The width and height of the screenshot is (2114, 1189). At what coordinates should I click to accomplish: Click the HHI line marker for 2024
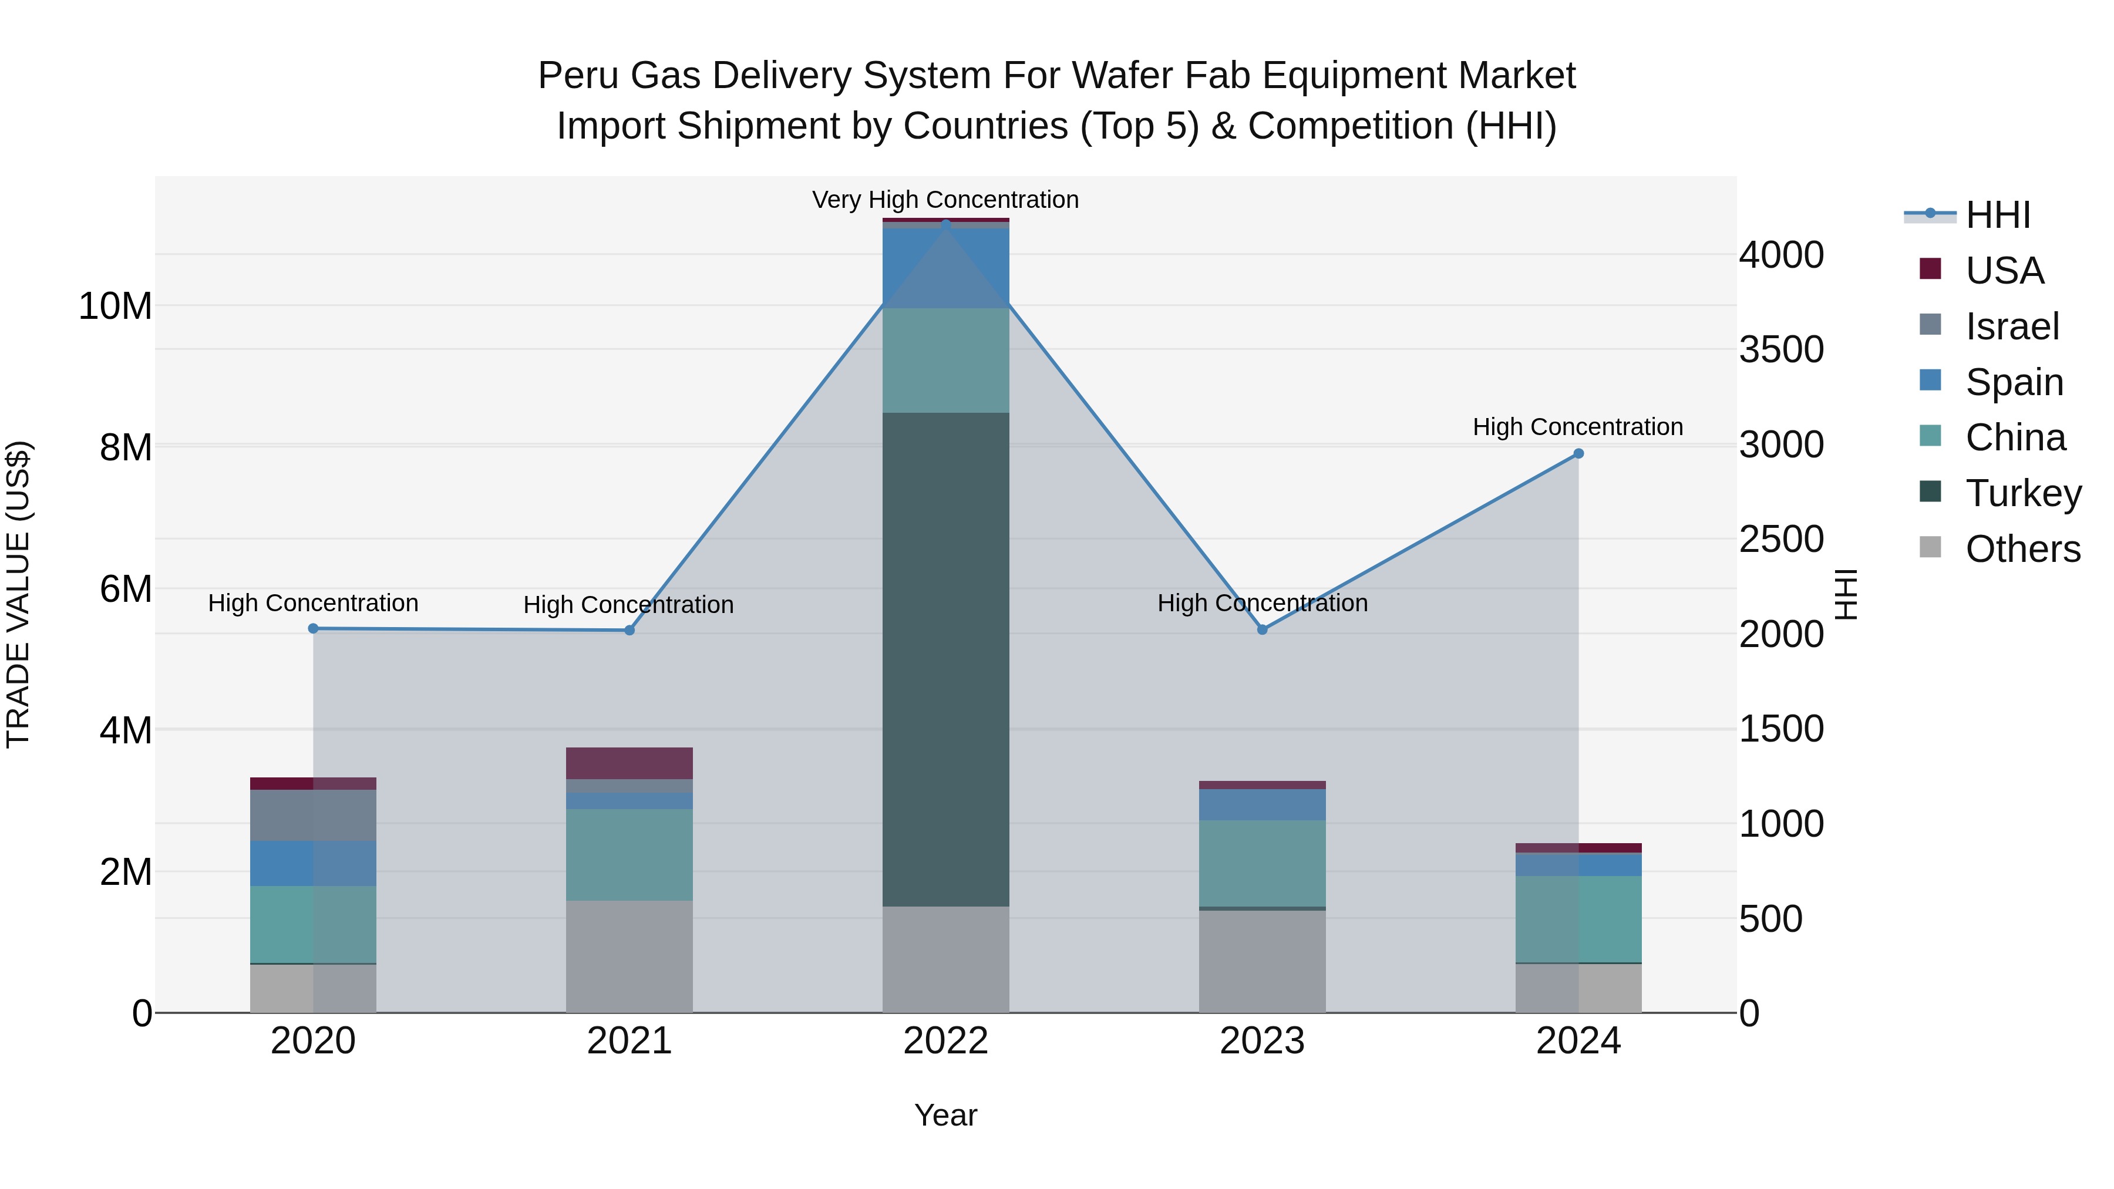[1577, 454]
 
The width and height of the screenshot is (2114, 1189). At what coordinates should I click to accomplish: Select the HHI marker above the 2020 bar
[312, 628]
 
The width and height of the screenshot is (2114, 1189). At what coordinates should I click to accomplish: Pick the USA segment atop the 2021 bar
[630, 763]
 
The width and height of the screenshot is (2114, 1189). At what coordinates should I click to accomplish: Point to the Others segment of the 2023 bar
[1262, 961]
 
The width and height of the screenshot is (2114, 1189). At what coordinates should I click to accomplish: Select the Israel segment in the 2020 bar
[312, 815]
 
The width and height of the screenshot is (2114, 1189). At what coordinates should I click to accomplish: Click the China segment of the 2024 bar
[1577, 919]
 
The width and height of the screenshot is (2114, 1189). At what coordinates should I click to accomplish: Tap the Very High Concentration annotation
[945, 200]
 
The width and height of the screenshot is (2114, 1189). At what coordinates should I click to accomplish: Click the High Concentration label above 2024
[1577, 427]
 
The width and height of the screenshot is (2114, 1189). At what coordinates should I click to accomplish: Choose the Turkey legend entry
[2023, 493]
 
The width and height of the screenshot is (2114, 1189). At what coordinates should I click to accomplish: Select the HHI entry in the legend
[1998, 215]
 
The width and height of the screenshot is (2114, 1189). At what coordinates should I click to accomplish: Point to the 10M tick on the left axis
[115, 306]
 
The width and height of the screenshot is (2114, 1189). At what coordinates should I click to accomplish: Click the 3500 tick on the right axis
[1781, 349]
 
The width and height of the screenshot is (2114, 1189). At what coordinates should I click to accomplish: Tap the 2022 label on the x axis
[945, 1041]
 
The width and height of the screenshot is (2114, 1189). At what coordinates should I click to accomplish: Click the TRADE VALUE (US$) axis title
[18, 594]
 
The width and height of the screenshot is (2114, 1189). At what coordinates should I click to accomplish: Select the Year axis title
[945, 1115]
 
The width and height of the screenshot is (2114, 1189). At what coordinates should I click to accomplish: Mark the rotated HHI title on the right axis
[1846, 594]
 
